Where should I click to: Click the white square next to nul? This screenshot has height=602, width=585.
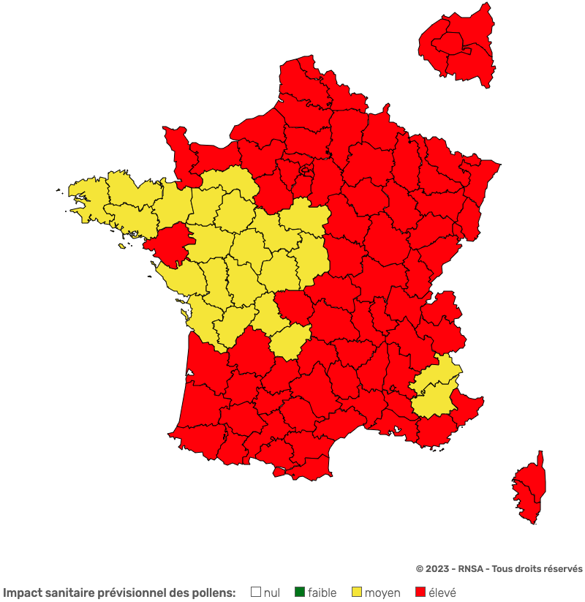256,592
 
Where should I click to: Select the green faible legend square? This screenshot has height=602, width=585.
299,592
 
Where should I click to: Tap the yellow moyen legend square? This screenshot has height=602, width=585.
356,592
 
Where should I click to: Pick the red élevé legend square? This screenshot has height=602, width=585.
420,592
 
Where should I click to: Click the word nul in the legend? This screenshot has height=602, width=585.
272,592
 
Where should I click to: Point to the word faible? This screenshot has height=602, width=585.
322,592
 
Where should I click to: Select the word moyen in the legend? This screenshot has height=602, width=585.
382,592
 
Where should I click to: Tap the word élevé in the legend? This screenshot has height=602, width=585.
442,592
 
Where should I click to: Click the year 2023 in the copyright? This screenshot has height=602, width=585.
437,569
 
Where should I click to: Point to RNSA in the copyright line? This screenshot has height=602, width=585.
469,569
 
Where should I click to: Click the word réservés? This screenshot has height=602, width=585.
562,569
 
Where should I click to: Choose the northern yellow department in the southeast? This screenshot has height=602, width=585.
439,373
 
